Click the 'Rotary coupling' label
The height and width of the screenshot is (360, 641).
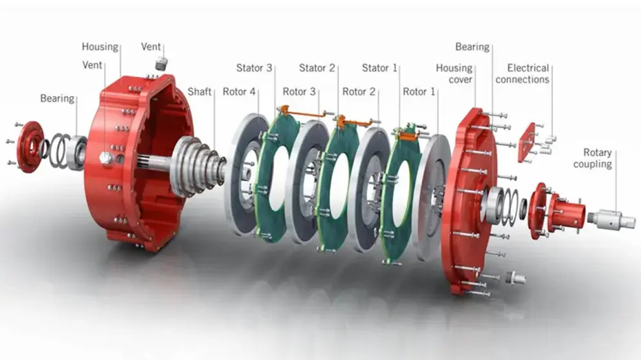click(x=592, y=158)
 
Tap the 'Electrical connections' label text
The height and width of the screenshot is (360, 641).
click(x=523, y=74)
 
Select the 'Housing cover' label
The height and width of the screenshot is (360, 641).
click(x=454, y=74)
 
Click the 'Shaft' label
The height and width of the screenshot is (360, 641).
click(x=199, y=91)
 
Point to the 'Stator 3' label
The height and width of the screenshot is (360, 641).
click(x=254, y=68)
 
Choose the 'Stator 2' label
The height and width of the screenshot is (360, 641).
click(x=317, y=68)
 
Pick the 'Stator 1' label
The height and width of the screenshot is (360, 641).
click(x=379, y=68)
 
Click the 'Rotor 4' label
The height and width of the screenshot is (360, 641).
click(x=239, y=91)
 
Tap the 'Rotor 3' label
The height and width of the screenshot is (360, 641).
click(x=299, y=91)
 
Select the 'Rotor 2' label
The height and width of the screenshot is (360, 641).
click(x=359, y=91)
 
